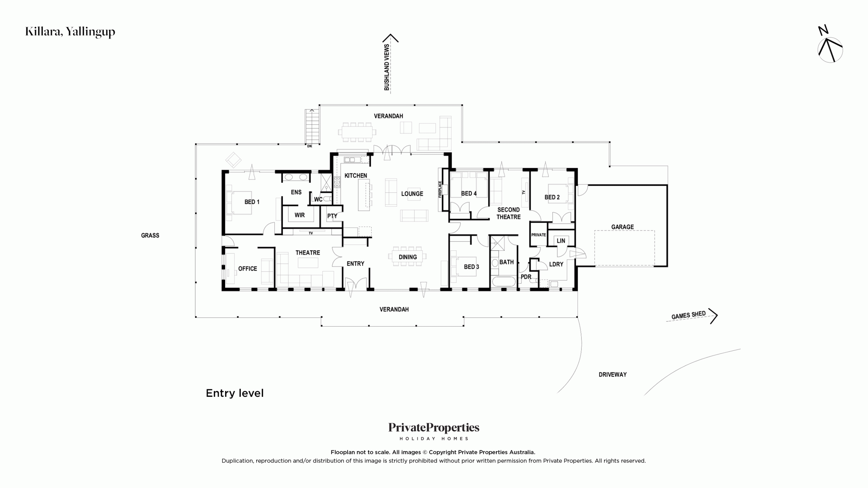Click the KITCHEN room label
click(x=356, y=176)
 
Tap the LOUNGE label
click(x=412, y=194)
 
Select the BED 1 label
click(x=252, y=202)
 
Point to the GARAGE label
click(x=623, y=227)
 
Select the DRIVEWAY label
click(x=613, y=374)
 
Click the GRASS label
click(x=150, y=236)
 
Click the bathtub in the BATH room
click(x=504, y=282)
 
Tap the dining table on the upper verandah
click(x=357, y=132)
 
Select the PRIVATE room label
click(x=538, y=235)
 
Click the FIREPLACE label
click(x=440, y=189)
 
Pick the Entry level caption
click(x=235, y=393)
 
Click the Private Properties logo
click(x=434, y=431)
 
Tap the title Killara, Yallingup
click(x=70, y=32)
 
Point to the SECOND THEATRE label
click(x=509, y=213)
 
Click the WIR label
click(x=300, y=215)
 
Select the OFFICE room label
click(x=248, y=269)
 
